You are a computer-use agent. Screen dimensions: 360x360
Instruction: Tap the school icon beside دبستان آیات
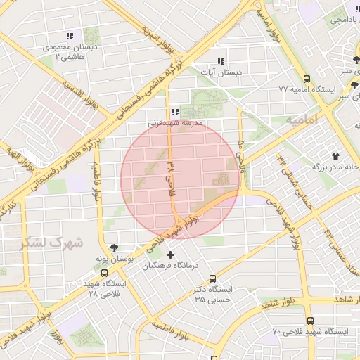[221, 61]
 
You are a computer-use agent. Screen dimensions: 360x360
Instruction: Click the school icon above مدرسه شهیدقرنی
[175, 112]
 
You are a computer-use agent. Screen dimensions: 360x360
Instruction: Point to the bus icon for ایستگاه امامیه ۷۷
[307, 79]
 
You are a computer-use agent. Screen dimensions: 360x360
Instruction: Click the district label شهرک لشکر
[52, 243]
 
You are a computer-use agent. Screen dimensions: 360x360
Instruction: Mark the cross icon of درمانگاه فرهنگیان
[169, 254]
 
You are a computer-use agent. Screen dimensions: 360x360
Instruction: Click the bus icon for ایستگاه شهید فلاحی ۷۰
[311, 320]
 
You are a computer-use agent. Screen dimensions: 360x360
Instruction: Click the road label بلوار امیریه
[150, 35]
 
